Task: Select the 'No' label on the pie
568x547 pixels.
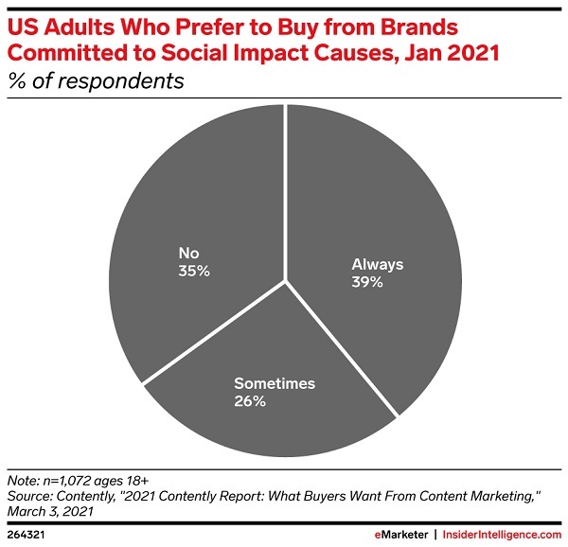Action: (188, 253)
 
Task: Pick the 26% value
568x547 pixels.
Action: (250, 401)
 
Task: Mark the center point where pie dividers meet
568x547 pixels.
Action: (285, 281)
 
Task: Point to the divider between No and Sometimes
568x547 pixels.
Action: (214, 332)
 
